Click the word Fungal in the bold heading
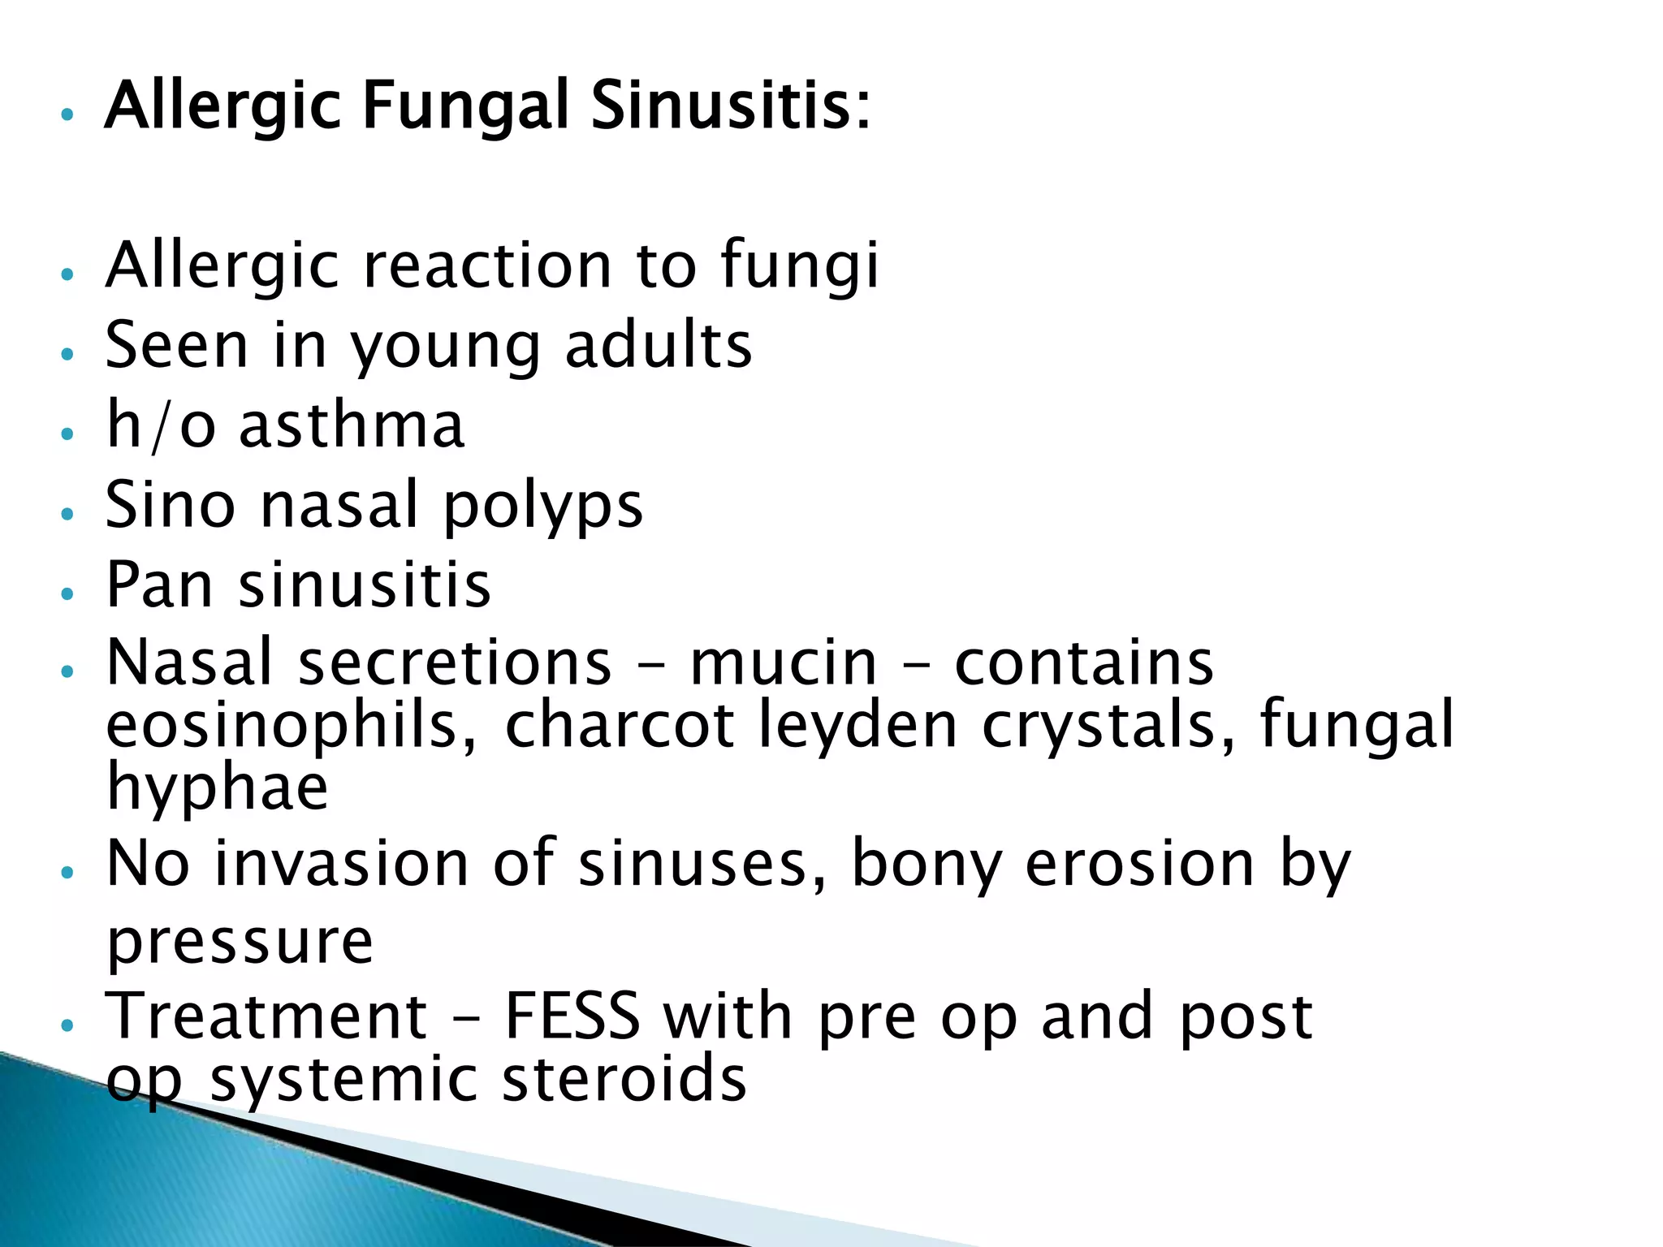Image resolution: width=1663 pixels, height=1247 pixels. (x=464, y=107)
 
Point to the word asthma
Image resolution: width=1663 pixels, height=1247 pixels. (x=352, y=425)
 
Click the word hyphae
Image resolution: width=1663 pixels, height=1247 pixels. (x=218, y=788)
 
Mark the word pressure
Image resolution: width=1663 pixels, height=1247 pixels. (x=240, y=942)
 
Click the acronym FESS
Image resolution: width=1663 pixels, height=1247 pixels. (x=572, y=1016)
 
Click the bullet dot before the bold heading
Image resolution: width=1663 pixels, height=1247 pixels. (x=67, y=114)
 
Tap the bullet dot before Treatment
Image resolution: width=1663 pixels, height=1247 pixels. (x=67, y=1025)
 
